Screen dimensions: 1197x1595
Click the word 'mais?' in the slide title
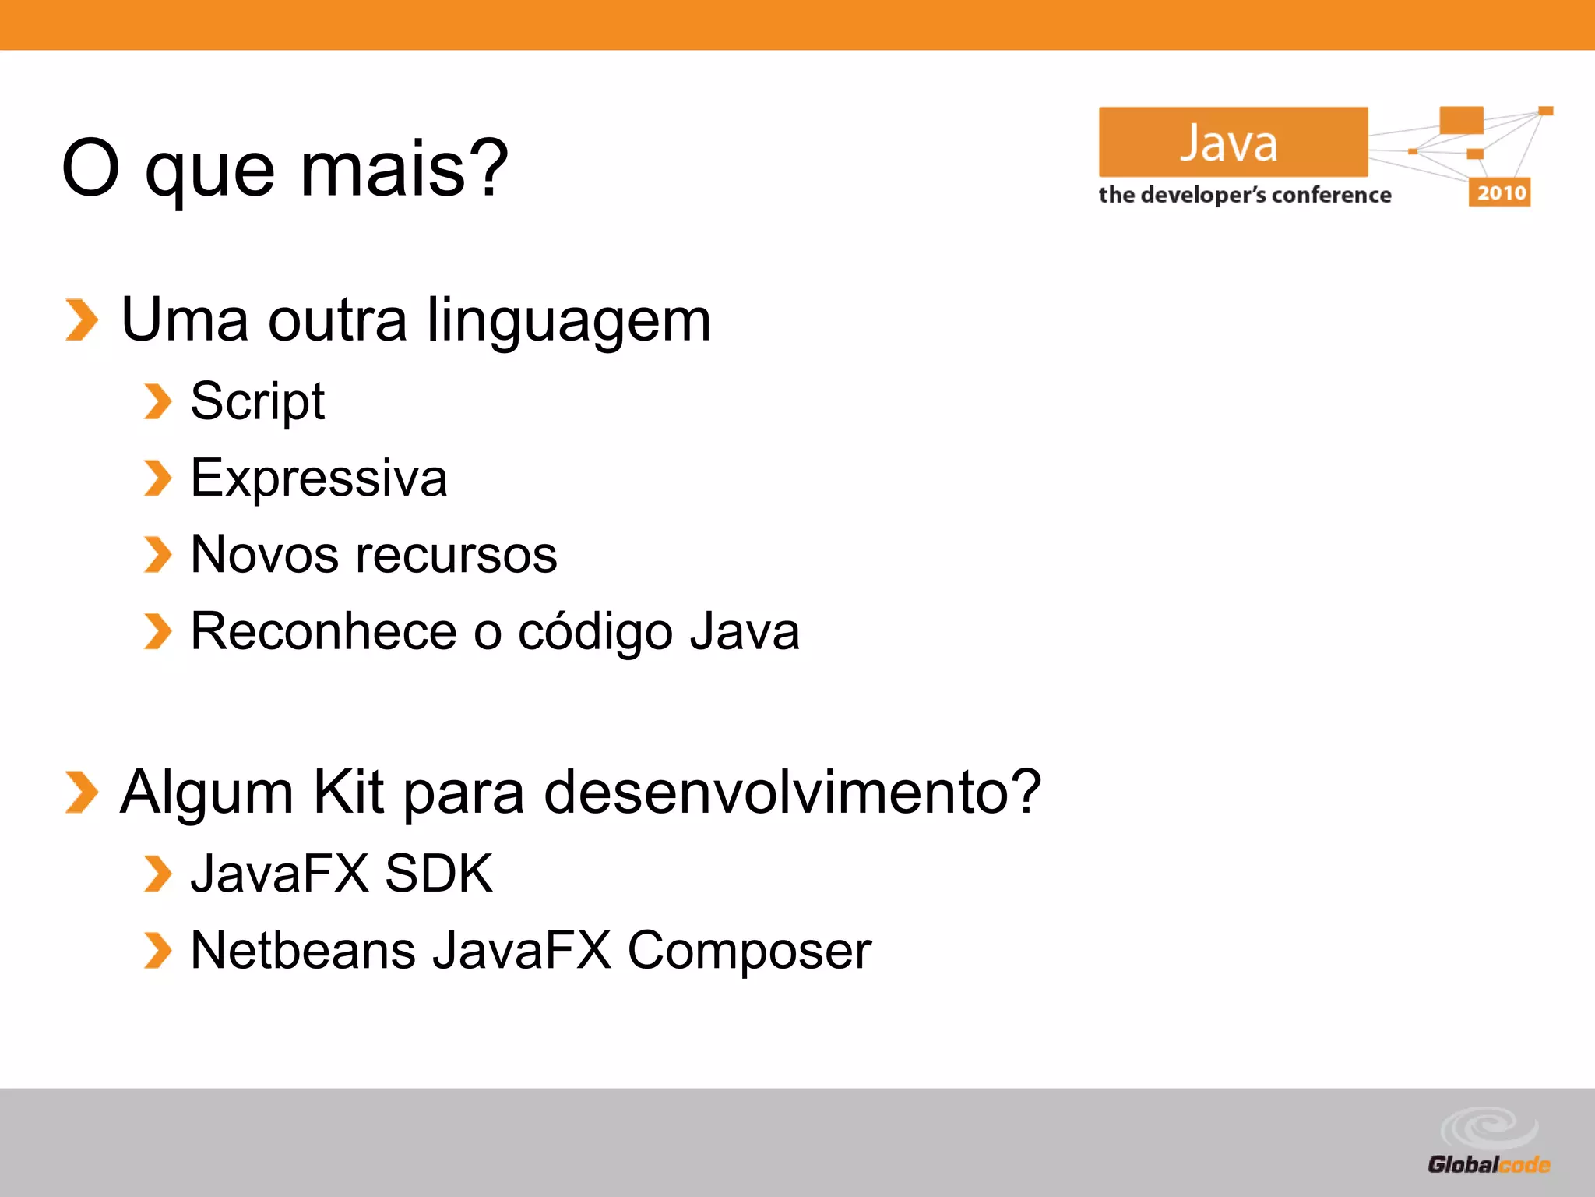pyautogui.click(x=404, y=168)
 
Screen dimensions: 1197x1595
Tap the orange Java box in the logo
pyautogui.click(x=1232, y=142)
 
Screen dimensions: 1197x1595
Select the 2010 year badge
pyautogui.click(x=1500, y=192)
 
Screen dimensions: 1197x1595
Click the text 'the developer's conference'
pyautogui.click(x=1245, y=195)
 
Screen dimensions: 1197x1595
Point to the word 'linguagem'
pyautogui.click(x=569, y=321)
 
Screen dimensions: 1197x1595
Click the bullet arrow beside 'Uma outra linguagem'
pyautogui.click(x=82, y=320)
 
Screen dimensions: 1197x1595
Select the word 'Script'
pyautogui.click(x=257, y=402)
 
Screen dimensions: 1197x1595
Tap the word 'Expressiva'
pyautogui.click(x=319, y=478)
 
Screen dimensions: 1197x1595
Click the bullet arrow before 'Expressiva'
pyautogui.click(x=158, y=478)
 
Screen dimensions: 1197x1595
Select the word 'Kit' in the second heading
pyautogui.click(x=347, y=792)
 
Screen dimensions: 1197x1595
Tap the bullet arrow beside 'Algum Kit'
pyautogui.click(x=82, y=792)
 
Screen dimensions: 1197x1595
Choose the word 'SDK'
pyautogui.click(x=438, y=874)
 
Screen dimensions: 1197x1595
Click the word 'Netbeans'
pyautogui.click(x=303, y=951)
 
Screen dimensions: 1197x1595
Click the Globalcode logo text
pyautogui.click(x=1488, y=1165)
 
